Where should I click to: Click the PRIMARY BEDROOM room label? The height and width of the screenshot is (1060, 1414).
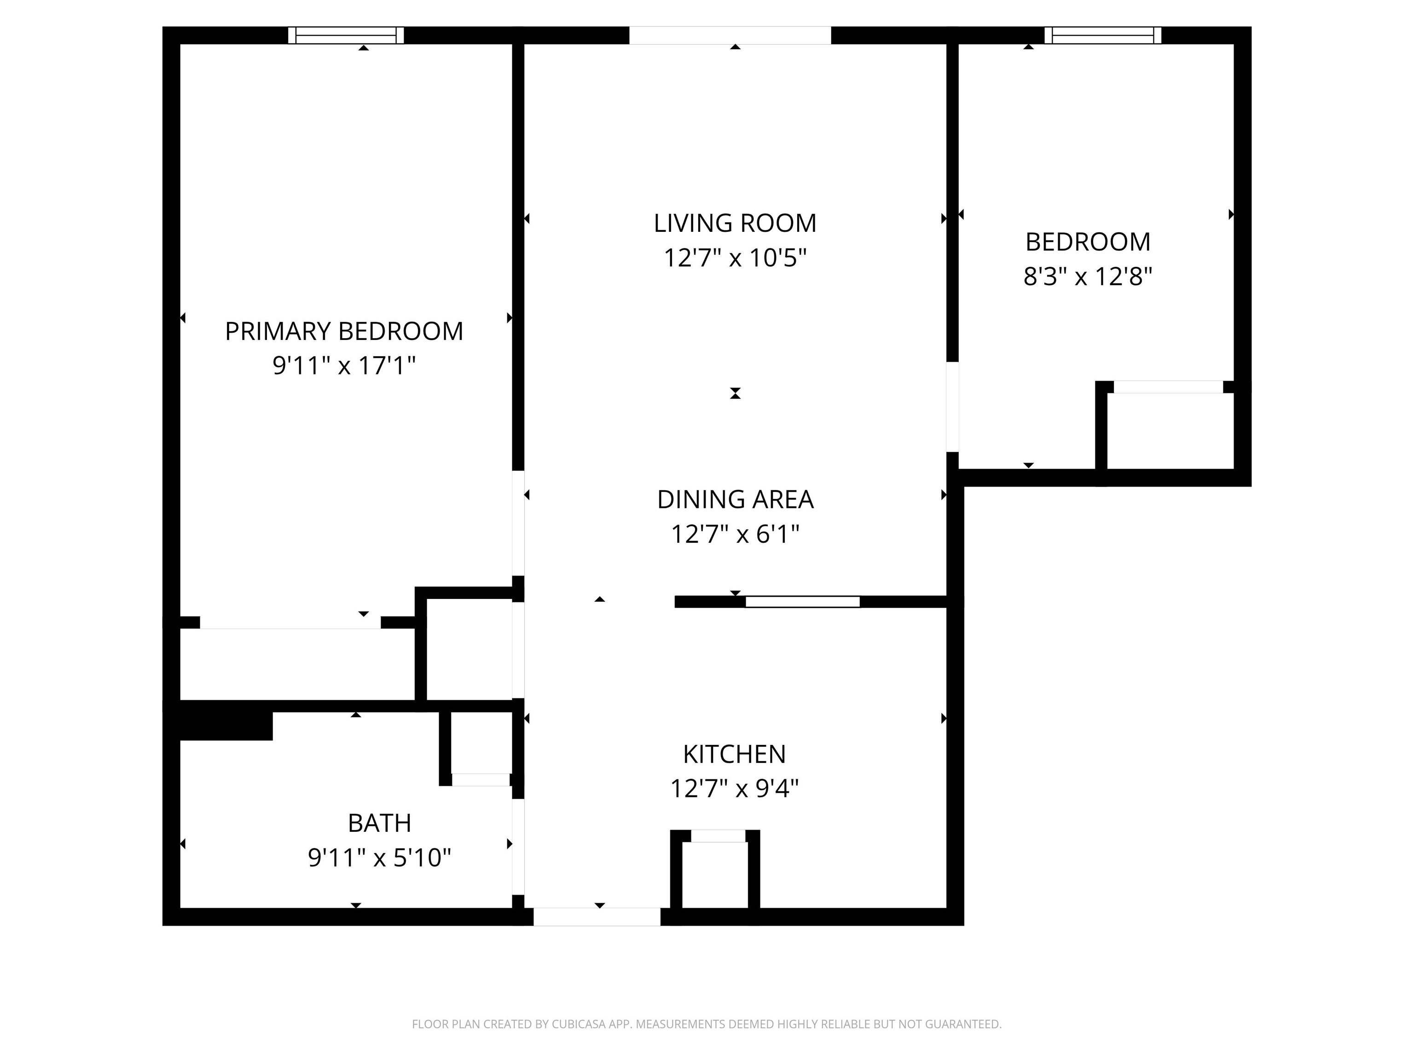344,331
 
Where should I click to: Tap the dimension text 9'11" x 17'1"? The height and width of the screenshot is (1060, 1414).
344,365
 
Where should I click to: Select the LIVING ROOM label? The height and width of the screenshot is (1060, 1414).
735,223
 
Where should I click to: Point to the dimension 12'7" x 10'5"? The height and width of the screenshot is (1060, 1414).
735,258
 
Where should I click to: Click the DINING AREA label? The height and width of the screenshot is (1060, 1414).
735,499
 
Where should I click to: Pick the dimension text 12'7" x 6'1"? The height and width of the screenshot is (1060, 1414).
735,534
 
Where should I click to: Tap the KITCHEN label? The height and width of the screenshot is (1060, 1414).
735,754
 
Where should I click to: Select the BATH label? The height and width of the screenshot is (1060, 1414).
380,823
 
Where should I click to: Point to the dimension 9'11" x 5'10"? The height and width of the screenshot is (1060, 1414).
380,858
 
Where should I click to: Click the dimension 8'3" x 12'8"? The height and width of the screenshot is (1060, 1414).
1088,276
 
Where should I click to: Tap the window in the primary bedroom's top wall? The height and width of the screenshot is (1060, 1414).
346,35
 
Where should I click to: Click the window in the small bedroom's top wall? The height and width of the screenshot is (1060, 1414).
1103,35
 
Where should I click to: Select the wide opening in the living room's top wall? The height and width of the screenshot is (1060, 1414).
730,35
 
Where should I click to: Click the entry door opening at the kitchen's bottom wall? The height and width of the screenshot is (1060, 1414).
597,916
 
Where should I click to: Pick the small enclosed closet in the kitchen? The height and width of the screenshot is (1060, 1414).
715,874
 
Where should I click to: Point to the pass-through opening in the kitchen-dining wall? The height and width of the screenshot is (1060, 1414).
802,601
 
